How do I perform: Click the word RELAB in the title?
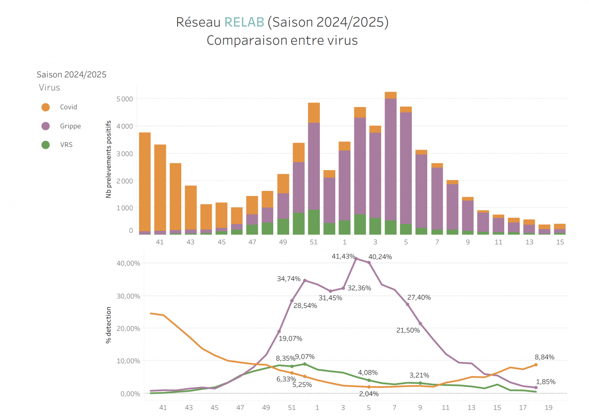[x=244, y=22]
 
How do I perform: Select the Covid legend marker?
[x=46, y=107]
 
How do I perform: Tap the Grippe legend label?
[x=70, y=126]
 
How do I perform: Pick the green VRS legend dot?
[x=46, y=145]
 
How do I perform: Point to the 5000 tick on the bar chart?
[x=125, y=99]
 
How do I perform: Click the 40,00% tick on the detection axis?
[x=129, y=263]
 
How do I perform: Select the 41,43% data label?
[x=343, y=256]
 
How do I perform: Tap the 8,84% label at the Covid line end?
[x=544, y=357]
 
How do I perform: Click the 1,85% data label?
[x=546, y=382]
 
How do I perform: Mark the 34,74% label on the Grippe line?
[x=289, y=278]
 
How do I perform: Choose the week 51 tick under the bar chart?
[x=314, y=242]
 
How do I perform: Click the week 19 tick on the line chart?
[x=548, y=408]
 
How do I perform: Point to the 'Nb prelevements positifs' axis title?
[x=109, y=159]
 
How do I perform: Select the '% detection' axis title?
[x=109, y=325]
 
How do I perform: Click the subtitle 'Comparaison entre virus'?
[x=282, y=40]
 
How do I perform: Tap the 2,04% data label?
[x=368, y=394]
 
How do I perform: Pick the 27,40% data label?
[x=419, y=298]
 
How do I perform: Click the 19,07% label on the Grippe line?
[x=290, y=338]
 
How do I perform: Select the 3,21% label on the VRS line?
[x=419, y=375]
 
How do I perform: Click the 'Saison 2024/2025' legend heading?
[x=72, y=75]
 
